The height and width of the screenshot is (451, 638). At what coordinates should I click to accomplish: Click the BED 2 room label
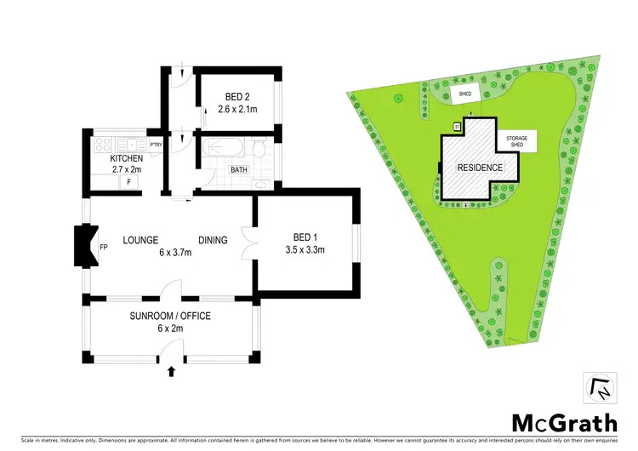236,96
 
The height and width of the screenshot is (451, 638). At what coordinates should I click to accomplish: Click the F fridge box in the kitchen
128,181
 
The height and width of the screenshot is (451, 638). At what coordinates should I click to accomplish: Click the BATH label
240,170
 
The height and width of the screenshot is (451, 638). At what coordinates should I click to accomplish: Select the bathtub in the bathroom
225,148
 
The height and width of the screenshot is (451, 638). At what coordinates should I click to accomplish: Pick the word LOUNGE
141,240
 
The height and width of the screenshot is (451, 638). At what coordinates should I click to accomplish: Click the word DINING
213,240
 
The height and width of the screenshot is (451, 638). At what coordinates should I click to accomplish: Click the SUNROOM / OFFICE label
170,316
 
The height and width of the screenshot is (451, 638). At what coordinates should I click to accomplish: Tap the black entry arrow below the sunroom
173,371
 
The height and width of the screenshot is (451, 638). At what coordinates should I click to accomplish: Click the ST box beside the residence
457,127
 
